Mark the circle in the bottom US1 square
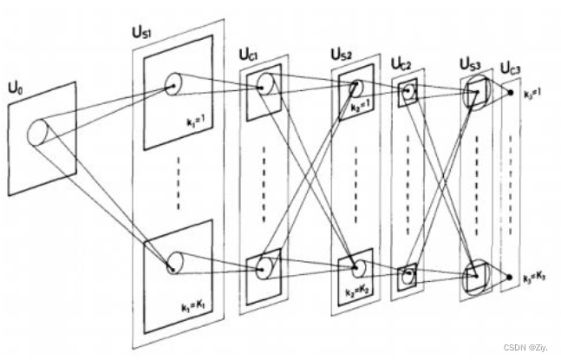click(x=174, y=262)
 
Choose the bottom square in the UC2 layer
click(x=407, y=277)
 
